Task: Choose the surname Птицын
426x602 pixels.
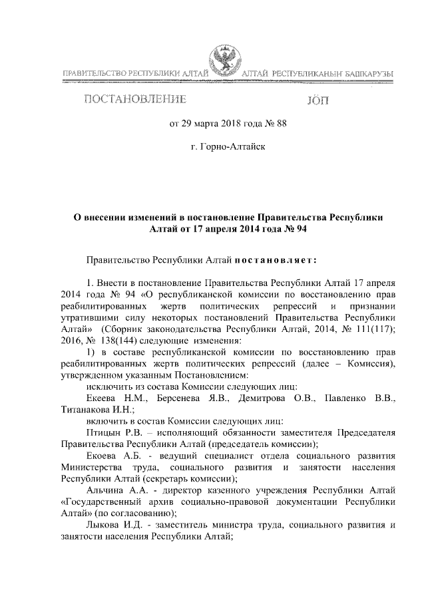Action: click(x=103, y=434)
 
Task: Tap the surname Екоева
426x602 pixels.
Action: click(x=102, y=458)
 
